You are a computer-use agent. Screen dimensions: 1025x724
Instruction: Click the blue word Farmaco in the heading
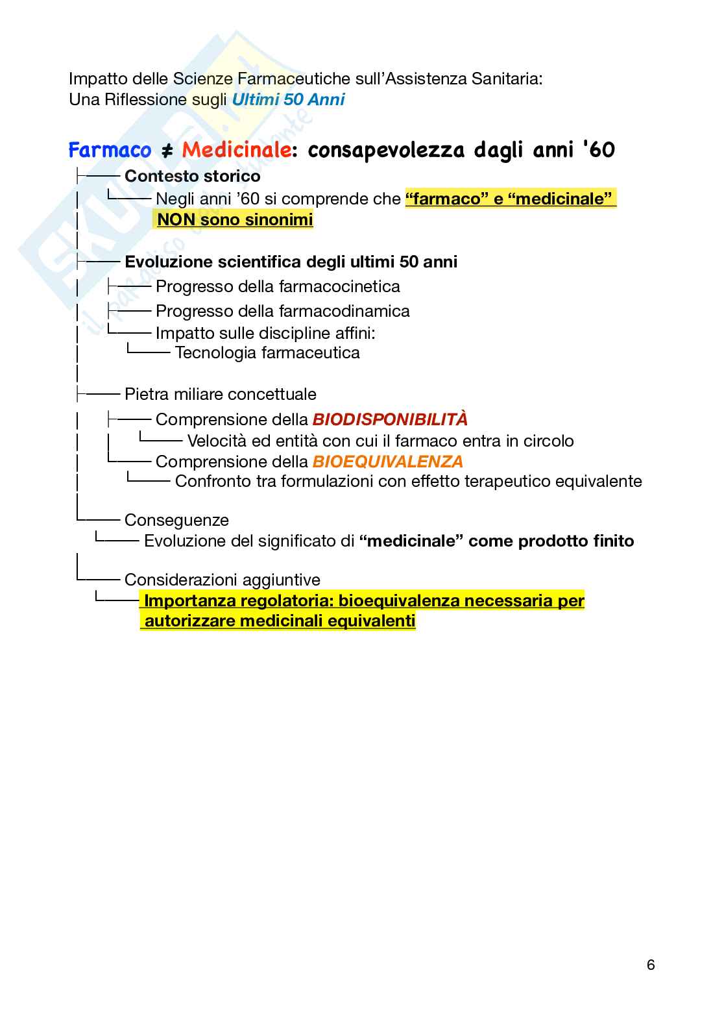pos(110,151)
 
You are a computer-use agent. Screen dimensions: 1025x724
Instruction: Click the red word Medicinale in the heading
pos(235,151)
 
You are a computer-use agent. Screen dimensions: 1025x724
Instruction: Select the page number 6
pos(651,965)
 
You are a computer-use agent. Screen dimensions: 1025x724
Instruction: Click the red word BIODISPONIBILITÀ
pos(390,419)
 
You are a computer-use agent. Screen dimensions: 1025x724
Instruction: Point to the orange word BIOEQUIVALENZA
pos(388,462)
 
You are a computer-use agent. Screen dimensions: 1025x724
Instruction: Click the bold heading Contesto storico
pos(193,176)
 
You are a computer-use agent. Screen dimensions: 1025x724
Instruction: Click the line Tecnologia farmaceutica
pos(267,352)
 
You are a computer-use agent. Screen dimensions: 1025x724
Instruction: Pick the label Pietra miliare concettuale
pos(221,394)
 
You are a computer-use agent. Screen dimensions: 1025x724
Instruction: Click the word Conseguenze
pos(176,520)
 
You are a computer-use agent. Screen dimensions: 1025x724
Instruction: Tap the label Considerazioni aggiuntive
pos(223,580)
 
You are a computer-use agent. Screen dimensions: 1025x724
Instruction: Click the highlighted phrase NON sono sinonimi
pos(235,219)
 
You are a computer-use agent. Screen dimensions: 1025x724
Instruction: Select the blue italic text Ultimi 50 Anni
pos(289,99)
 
